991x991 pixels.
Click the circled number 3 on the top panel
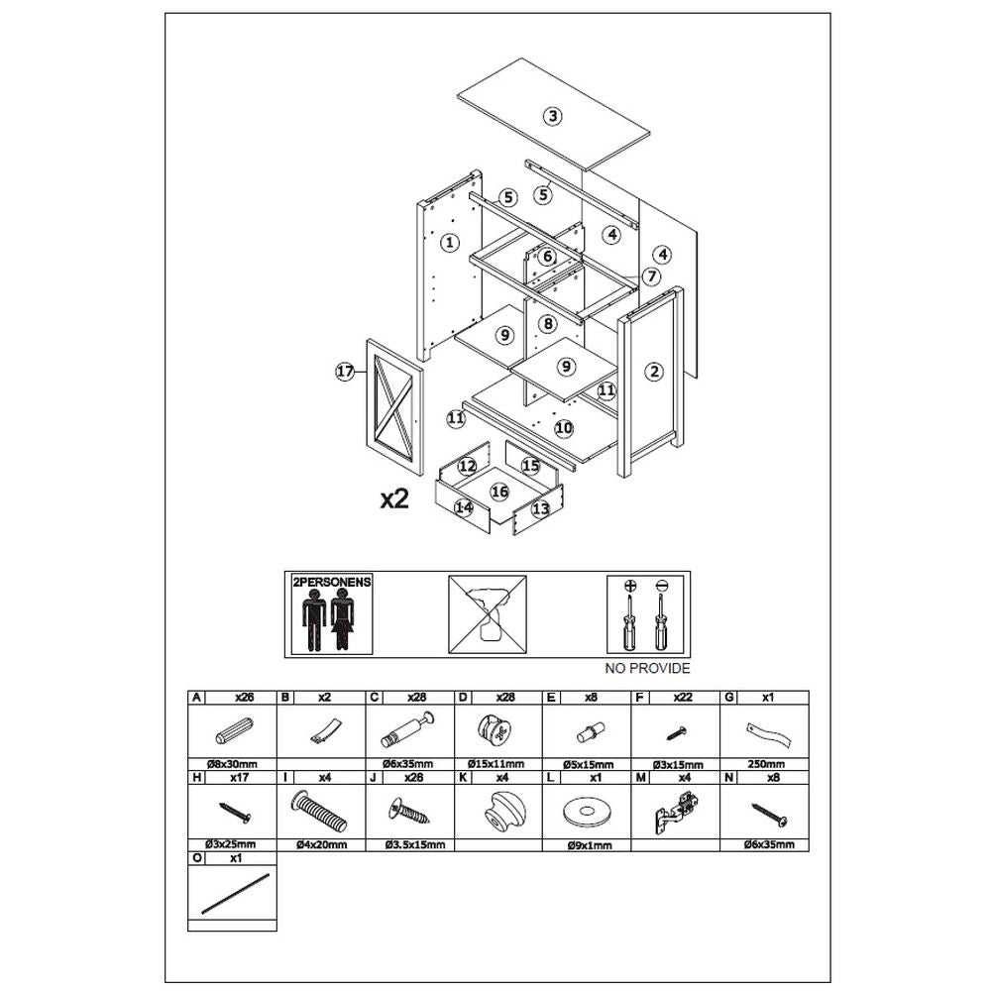coord(552,116)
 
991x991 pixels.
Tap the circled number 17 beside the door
coord(345,372)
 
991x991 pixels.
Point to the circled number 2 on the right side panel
coord(654,372)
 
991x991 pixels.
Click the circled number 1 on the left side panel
coord(449,242)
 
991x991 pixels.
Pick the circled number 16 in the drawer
coord(499,492)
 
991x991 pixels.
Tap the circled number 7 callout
coord(651,276)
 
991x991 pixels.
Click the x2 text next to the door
coord(394,499)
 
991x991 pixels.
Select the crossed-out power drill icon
coord(488,614)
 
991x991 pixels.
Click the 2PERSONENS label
coord(332,582)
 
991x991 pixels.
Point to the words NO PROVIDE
coord(647,668)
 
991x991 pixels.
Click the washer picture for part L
coord(587,813)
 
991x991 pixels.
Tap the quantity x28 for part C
coord(416,697)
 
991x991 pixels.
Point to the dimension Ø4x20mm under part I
coord(321,844)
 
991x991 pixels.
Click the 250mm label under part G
coord(766,764)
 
